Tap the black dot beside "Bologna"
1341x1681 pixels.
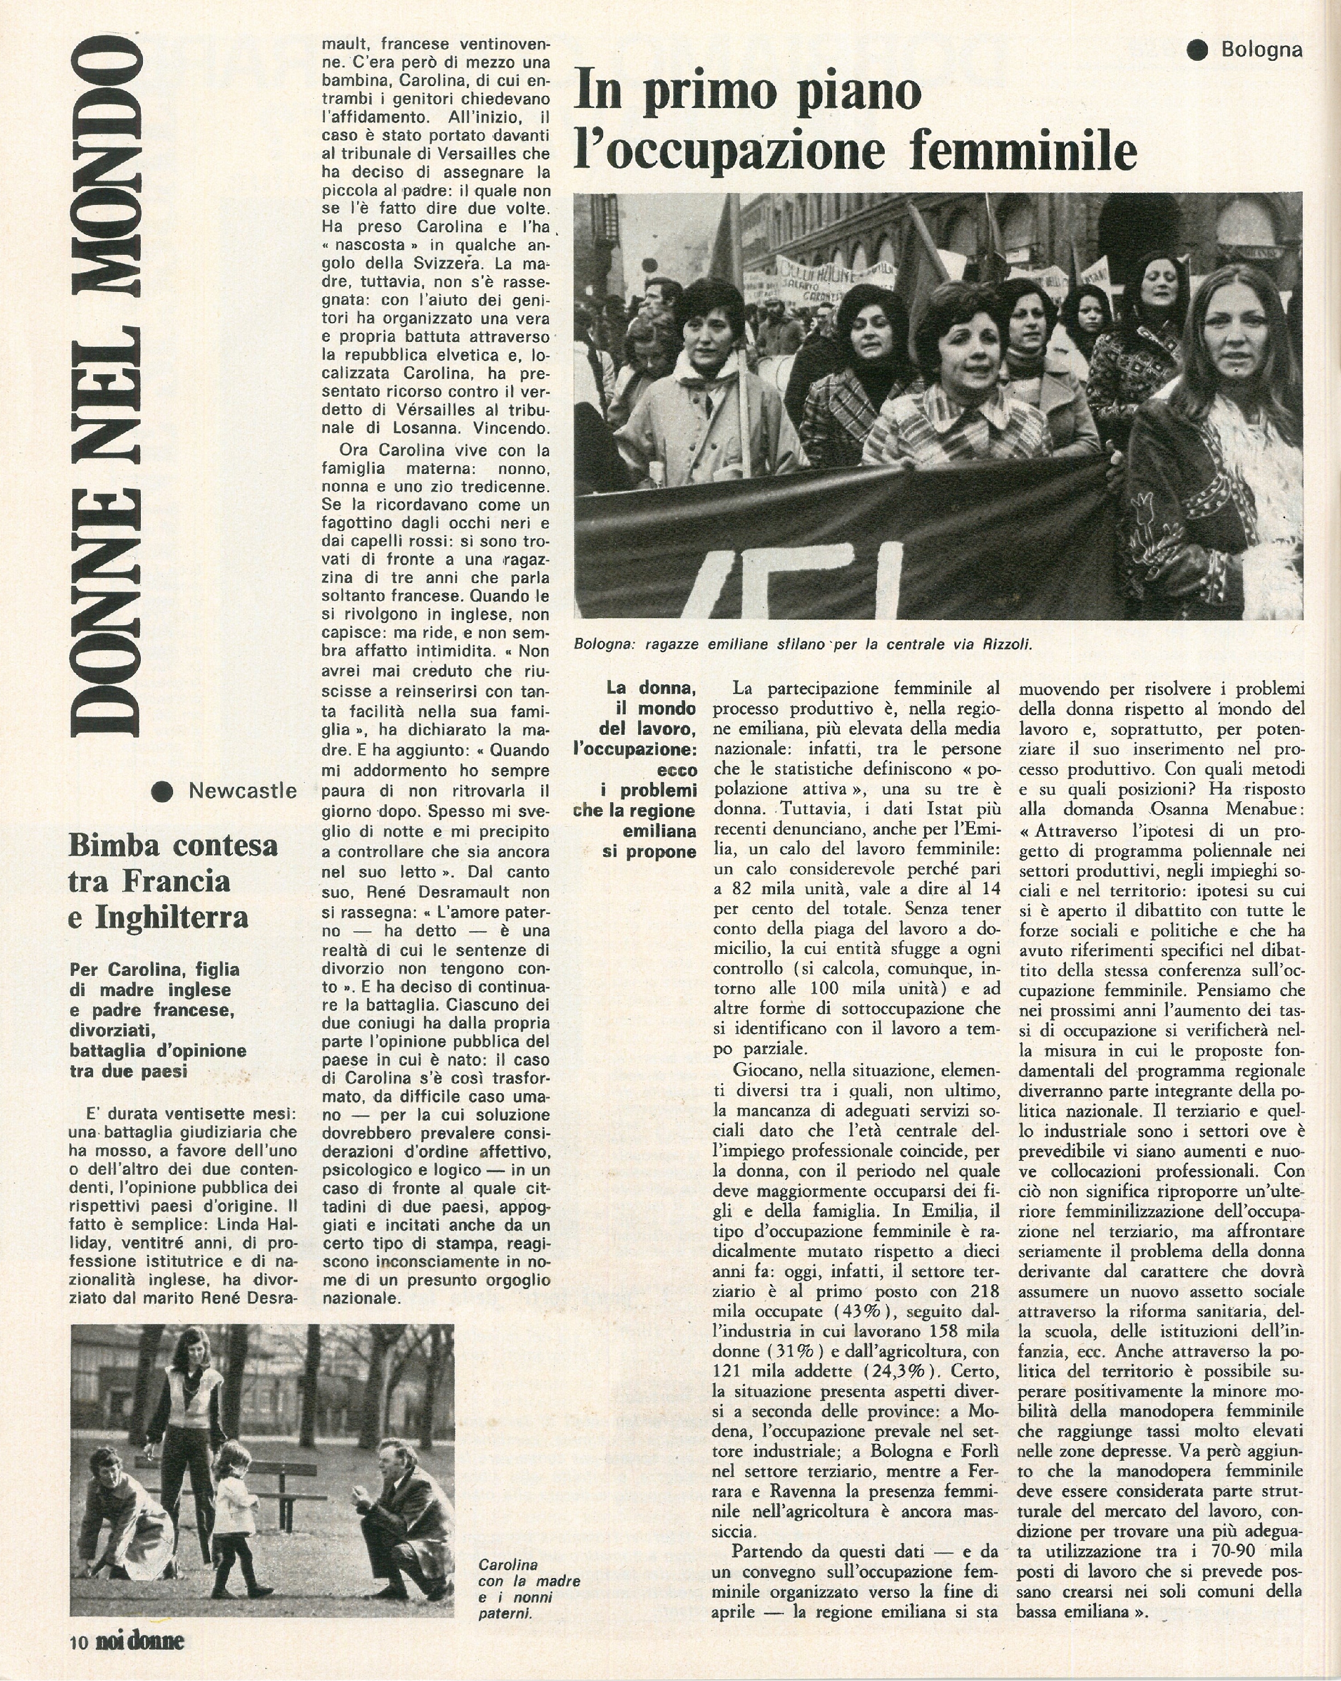click(x=1197, y=50)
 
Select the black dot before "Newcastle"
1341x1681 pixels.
click(x=162, y=791)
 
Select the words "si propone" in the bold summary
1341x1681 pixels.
click(x=650, y=851)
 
